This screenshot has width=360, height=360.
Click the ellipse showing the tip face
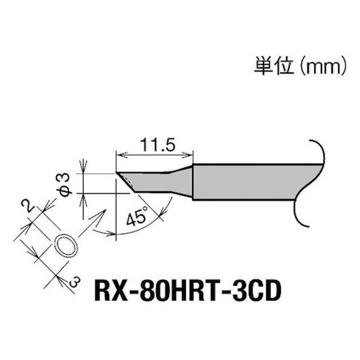(66, 247)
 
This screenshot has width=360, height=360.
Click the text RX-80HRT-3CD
(187, 293)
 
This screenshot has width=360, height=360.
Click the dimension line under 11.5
(155, 155)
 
